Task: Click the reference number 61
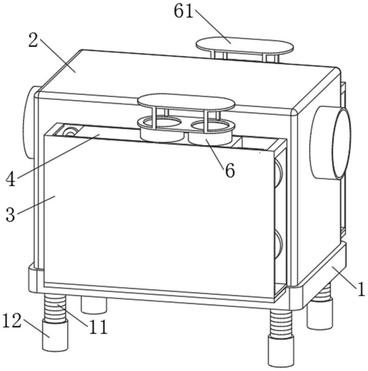(x=183, y=11)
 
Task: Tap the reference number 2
(x=33, y=40)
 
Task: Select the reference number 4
(x=10, y=179)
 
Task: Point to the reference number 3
(x=10, y=215)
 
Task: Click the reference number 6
(x=230, y=170)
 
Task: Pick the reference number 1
(x=361, y=289)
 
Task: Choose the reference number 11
(x=98, y=327)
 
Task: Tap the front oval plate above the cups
(x=186, y=102)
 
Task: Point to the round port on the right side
(x=331, y=143)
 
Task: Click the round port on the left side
(x=29, y=122)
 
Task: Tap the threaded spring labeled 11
(x=55, y=307)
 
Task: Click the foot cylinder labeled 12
(x=55, y=335)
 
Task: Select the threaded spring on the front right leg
(x=281, y=324)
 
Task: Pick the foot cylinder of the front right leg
(x=281, y=352)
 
